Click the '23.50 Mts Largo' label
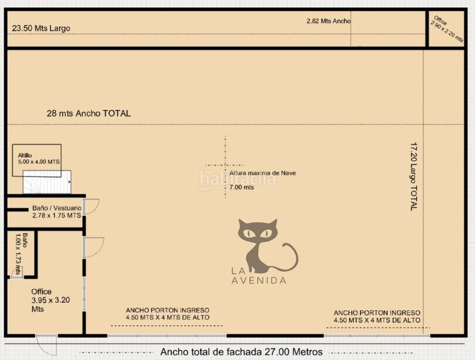pos(41,28)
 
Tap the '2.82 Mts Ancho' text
pos(328,21)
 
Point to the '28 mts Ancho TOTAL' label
pos(89,113)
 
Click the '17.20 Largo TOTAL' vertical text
pos(414,176)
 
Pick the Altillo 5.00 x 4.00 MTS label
pos(38,158)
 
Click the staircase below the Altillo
pos(47,182)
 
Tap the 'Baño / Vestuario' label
pos(57,208)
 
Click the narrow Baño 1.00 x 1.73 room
pos(21,254)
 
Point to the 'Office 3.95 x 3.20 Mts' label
pos(50,300)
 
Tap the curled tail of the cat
pos(290,258)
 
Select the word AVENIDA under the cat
pos(259,280)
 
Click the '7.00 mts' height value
pos(241,187)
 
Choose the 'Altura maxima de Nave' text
pos(262,173)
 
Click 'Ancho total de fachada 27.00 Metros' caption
pos(241,352)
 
